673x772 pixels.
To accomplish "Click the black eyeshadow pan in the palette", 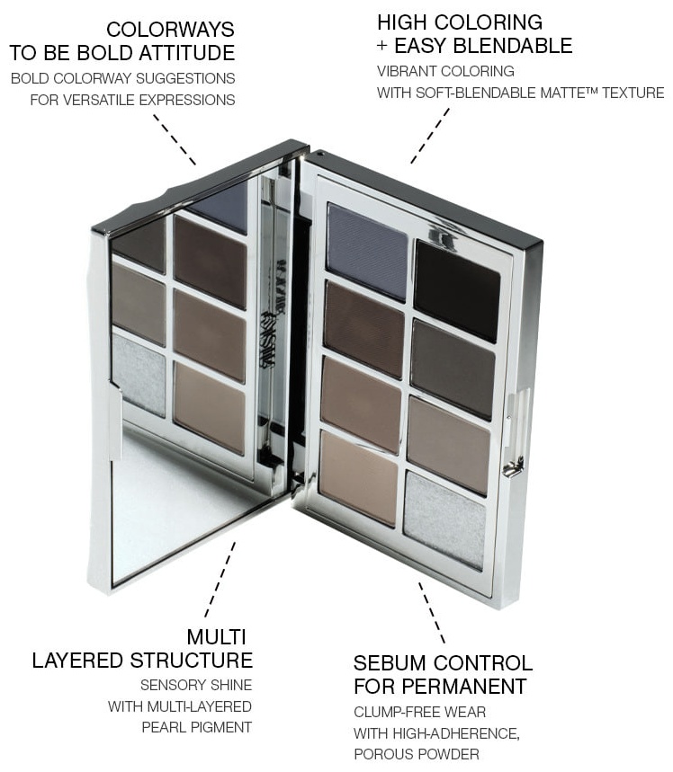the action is tap(458, 290).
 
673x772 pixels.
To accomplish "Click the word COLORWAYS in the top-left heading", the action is tap(170, 30).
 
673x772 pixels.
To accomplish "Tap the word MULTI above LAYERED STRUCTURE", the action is tap(216, 637).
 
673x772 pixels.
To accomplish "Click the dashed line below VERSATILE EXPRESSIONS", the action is tap(175, 139).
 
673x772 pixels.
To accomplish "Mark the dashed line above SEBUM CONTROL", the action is tap(432, 613).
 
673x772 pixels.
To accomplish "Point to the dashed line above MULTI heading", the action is tap(220, 579).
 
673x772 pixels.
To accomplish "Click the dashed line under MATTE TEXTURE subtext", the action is tap(430, 136).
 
